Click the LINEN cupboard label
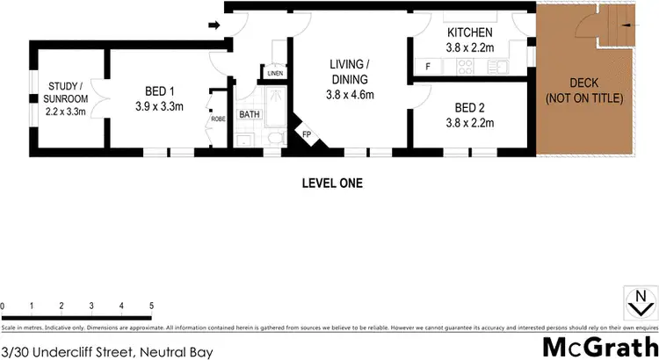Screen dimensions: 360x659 tap(275, 73)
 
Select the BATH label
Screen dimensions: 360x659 tap(250, 114)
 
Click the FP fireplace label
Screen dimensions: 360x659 tap(307, 134)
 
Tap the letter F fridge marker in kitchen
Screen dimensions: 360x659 tap(427, 67)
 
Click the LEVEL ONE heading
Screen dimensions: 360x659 tap(331, 184)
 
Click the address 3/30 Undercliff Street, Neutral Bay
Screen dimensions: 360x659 tap(107, 351)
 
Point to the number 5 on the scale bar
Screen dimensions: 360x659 tap(152, 306)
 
